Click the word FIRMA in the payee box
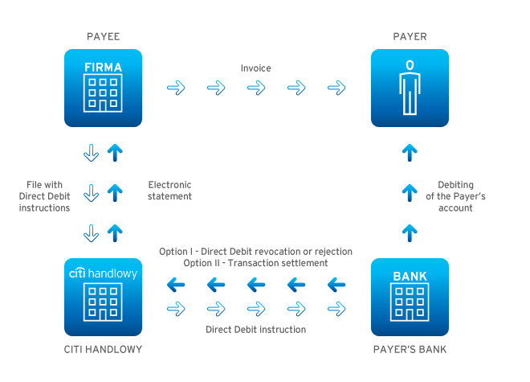click(103, 68)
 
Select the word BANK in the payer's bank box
click(410, 277)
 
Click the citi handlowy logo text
click(103, 274)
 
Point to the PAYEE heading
click(102, 37)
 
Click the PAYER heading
click(410, 37)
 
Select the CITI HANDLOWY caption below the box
click(102, 349)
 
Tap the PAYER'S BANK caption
click(410, 349)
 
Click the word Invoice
click(255, 68)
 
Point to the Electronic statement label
click(170, 190)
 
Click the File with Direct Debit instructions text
click(45, 196)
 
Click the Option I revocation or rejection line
click(255, 252)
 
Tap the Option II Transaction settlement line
click(255, 264)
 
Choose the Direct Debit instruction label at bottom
click(255, 329)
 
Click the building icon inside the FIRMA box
click(103, 94)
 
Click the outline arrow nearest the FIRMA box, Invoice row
click(174, 88)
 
